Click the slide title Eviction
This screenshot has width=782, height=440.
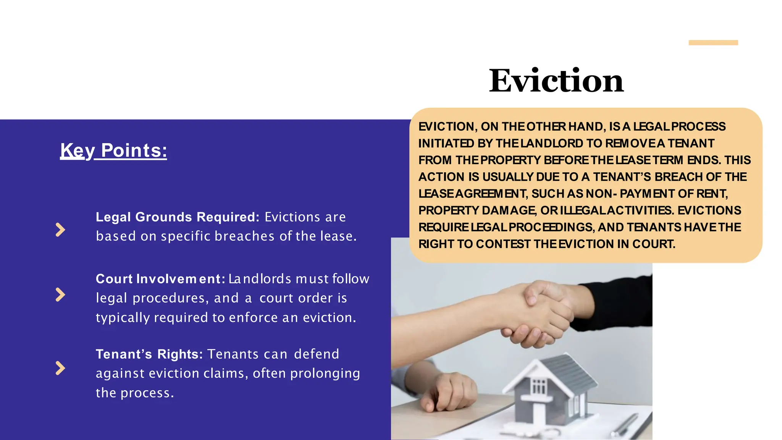tap(556, 81)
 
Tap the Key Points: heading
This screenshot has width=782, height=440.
tap(113, 150)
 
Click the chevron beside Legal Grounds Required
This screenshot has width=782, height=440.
tap(60, 230)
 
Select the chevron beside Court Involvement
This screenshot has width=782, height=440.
tap(60, 294)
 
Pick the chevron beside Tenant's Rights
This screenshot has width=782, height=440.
tap(60, 368)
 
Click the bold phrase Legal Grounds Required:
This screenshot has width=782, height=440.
tap(178, 217)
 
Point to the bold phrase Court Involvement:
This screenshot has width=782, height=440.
tap(160, 279)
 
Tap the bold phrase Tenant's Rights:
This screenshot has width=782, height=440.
tap(149, 354)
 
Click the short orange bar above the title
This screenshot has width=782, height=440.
tap(713, 43)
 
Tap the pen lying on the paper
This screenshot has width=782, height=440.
tap(626, 424)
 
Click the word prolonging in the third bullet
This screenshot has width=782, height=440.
tap(325, 374)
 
